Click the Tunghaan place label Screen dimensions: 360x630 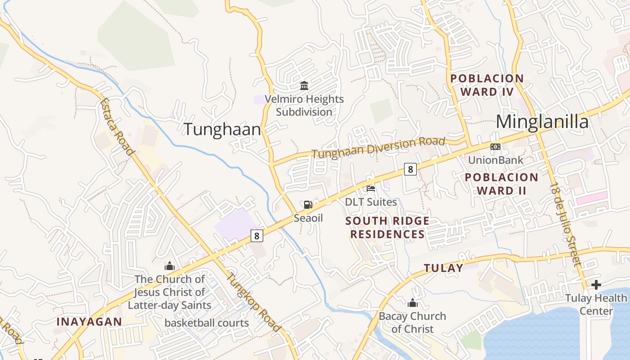pos(222,130)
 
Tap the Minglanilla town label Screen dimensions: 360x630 pos(542,122)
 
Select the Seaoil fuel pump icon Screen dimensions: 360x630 pos(308,205)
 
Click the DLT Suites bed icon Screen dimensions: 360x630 pos(371,188)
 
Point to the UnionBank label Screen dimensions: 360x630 pos(495,160)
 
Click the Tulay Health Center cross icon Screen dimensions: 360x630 pos(596,284)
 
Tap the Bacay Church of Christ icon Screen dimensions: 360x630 pos(412,303)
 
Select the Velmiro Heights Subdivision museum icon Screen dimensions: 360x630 pos(304,85)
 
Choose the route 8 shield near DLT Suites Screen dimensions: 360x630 pos(409,169)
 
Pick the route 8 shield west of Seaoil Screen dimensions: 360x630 pos(256,235)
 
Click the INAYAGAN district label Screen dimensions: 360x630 pos(89,321)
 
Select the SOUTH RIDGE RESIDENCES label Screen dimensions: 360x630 pos(387,227)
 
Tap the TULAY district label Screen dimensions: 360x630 pos(443,268)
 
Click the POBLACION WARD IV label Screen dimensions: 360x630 pos(487,85)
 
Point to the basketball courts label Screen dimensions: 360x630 pos(207,323)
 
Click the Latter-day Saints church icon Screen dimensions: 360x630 pos(170,266)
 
